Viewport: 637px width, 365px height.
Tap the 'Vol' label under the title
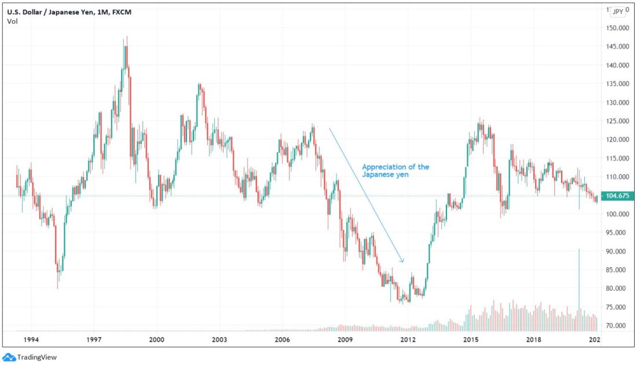[x=12, y=21]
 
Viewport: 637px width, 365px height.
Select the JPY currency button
[x=618, y=11]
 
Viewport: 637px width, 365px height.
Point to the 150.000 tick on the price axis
[x=618, y=28]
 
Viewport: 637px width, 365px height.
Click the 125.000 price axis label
[x=618, y=121]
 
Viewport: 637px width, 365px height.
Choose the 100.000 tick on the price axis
[x=618, y=214]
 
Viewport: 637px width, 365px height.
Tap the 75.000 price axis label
[x=618, y=307]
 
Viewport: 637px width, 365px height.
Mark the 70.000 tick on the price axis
[x=618, y=326]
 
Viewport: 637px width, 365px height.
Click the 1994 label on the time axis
[x=31, y=340]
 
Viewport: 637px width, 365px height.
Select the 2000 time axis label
[x=156, y=340]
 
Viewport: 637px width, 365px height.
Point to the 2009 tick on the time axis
[x=345, y=340]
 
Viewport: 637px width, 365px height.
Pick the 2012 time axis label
[x=408, y=340]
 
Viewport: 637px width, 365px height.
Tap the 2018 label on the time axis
[x=534, y=340]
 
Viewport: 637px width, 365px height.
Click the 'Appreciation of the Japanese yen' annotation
[x=396, y=171]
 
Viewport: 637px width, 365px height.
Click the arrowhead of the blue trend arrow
[x=402, y=261]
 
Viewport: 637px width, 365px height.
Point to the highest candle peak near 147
[x=126, y=37]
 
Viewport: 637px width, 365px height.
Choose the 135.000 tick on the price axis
[x=618, y=84]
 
